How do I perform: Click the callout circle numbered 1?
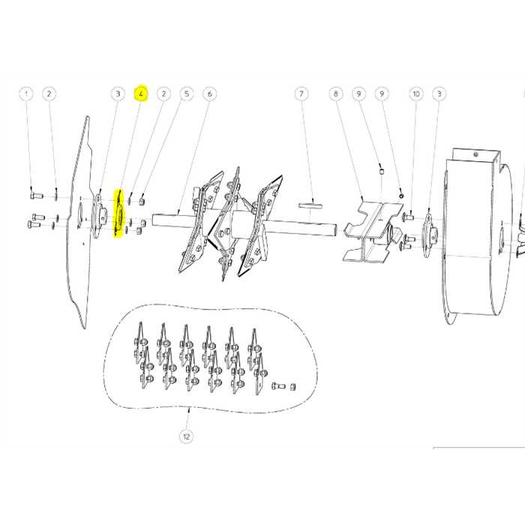click(x=27, y=94)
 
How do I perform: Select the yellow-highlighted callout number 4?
click(x=141, y=94)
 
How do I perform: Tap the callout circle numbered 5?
click(x=187, y=94)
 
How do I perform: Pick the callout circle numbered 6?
click(x=209, y=94)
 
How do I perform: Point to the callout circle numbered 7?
click(x=301, y=94)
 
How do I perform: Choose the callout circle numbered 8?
click(x=336, y=94)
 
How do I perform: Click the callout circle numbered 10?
click(x=416, y=94)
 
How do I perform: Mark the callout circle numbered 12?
click(x=185, y=436)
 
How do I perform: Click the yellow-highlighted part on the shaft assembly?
click(x=117, y=214)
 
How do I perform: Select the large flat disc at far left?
click(x=81, y=225)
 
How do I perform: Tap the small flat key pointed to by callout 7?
click(x=308, y=203)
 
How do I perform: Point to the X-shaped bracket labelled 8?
click(x=367, y=229)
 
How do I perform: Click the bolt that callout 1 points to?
click(x=32, y=196)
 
